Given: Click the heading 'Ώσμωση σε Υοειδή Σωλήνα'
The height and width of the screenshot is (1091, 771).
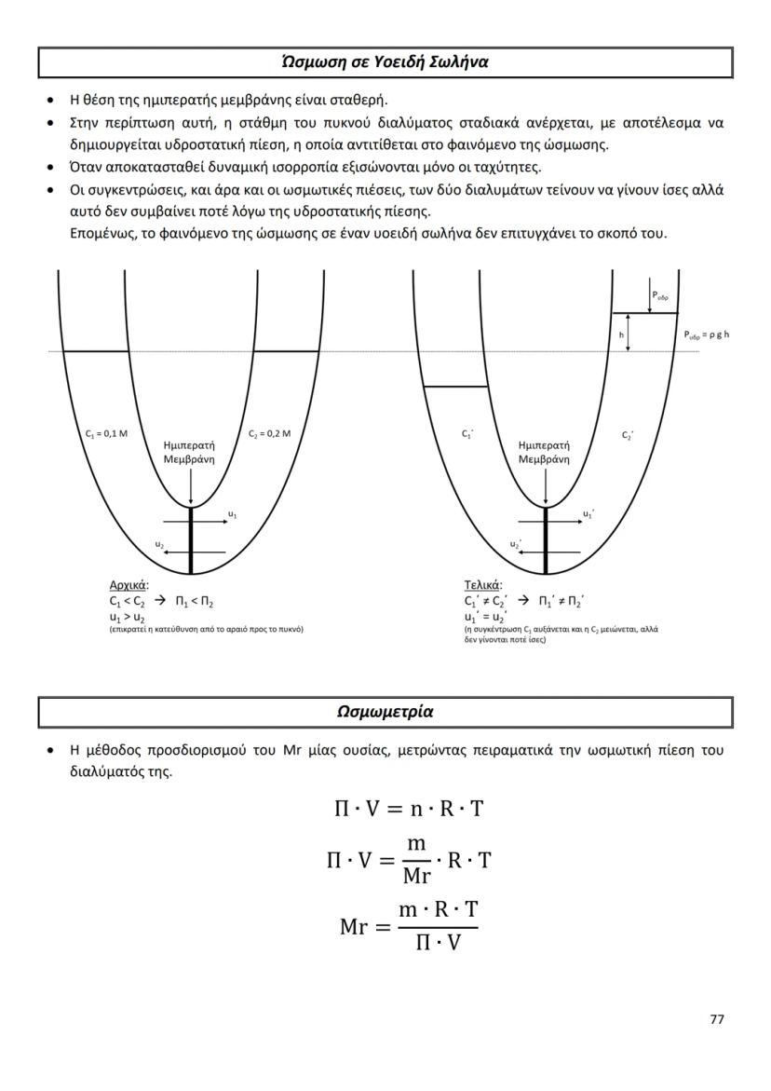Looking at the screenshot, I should [385, 62].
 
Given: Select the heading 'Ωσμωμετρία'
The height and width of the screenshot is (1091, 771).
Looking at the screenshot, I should [385, 712].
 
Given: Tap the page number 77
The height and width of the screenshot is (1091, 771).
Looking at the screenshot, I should [716, 1018].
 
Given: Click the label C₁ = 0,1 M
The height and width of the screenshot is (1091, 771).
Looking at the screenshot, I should [100, 433].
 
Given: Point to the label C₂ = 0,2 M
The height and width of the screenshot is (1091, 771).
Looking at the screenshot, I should [270, 433].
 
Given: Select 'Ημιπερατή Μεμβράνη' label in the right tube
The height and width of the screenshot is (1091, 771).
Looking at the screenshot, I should [545, 453].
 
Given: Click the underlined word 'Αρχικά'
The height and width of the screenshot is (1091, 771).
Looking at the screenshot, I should [128, 586].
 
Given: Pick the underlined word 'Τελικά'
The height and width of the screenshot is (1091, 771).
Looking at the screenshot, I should [482, 586].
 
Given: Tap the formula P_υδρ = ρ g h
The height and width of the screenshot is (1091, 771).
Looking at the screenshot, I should [706, 334].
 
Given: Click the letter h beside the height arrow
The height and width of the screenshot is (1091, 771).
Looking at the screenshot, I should [621, 333].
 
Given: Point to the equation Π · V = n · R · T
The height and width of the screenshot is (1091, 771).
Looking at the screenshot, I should [409, 809].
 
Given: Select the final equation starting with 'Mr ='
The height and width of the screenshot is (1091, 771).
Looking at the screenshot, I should [409, 927].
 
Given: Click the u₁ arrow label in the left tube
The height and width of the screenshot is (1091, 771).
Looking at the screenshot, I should [232, 513].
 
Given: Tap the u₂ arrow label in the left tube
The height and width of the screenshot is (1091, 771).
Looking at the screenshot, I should [158, 543].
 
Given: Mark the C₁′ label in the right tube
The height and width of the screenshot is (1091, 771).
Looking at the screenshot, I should [467, 434].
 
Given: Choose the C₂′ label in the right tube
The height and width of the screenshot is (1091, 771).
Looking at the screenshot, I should [628, 434].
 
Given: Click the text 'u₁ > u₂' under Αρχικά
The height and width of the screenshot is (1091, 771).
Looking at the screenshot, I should [127, 616].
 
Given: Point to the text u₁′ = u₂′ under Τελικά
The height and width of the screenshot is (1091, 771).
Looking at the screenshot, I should [484, 616].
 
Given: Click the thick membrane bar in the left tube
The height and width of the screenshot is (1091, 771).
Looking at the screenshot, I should [190, 540].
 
